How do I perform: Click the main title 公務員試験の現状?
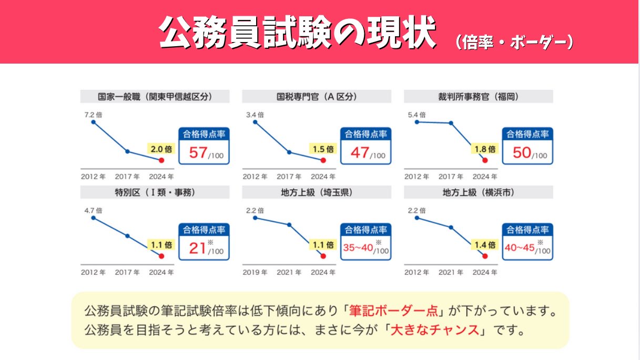point(297,33)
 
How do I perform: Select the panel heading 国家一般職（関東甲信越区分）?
point(155,97)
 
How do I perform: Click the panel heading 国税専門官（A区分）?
point(317,97)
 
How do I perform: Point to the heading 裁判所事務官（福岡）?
point(478,97)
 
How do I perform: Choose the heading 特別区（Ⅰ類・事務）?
point(155,192)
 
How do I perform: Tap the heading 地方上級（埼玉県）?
point(317,192)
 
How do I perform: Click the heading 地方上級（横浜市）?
point(478,192)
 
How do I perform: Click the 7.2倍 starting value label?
point(93,114)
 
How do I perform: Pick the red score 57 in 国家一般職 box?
point(198,153)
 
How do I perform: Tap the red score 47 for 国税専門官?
point(360,153)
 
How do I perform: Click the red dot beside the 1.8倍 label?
point(485,160)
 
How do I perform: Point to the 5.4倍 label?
point(416,114)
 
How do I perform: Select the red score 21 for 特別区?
point(197,248)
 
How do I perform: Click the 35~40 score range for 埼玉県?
point(358,248)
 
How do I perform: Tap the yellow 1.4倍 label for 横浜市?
point(485,245)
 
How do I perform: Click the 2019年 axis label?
point(255,272)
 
